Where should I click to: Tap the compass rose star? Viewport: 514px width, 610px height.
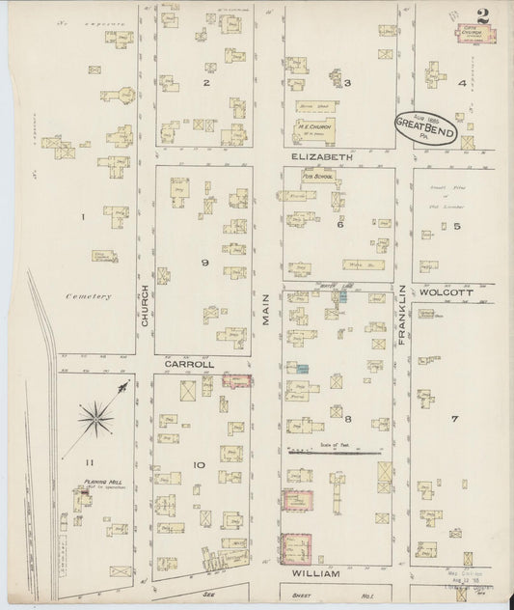pos(96,417)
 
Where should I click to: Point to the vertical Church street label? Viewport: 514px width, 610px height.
pos(146,307)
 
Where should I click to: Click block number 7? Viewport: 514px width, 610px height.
pos(452,419)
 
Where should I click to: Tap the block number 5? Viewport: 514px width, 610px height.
pos(458,227)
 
